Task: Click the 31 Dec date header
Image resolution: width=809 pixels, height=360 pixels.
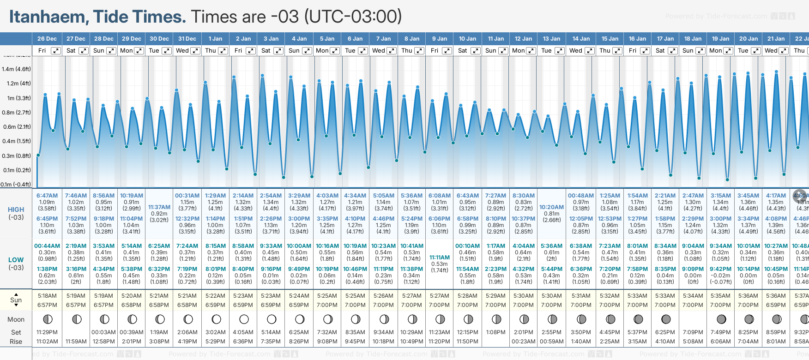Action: coord(187,39)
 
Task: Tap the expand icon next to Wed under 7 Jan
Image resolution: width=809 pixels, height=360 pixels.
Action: coord(391,51)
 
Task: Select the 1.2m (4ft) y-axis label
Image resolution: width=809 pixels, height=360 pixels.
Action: coord(16,84)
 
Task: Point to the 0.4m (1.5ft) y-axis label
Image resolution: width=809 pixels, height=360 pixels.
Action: coord(16,141)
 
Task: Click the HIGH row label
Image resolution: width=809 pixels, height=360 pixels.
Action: coord(16,210)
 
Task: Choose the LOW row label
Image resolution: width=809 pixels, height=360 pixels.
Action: coord(16,260)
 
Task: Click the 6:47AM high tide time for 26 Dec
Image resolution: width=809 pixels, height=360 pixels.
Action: coord(47,196)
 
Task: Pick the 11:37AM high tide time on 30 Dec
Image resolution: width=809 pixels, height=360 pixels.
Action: coord(159,207)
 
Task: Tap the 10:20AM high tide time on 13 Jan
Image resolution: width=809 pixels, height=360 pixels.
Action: coord(551,207)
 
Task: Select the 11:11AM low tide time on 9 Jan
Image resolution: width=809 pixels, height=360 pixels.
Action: coord(439,258)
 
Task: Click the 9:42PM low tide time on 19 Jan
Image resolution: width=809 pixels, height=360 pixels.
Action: coord(720,269)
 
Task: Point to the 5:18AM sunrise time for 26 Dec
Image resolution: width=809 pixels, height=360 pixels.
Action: coord(47,296)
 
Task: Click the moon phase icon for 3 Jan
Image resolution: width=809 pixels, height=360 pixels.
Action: coord(272,319)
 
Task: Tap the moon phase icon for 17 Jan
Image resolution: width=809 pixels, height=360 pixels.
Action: coord(666,319)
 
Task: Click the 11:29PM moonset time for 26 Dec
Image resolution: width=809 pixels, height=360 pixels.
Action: coord(47,332)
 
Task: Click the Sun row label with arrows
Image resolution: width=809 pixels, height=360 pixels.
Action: coord(16,300)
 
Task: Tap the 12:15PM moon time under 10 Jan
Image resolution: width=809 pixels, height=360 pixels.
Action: coord(467,332)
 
